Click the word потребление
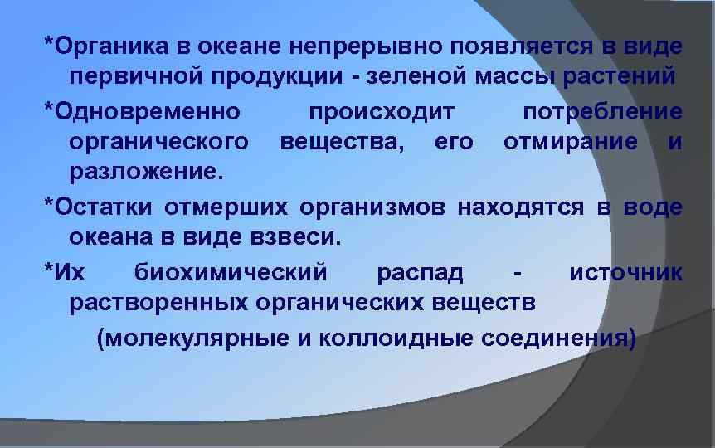[603, 110]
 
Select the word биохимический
[230, 271]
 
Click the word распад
[420, 271]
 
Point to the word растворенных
[153, 304]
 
